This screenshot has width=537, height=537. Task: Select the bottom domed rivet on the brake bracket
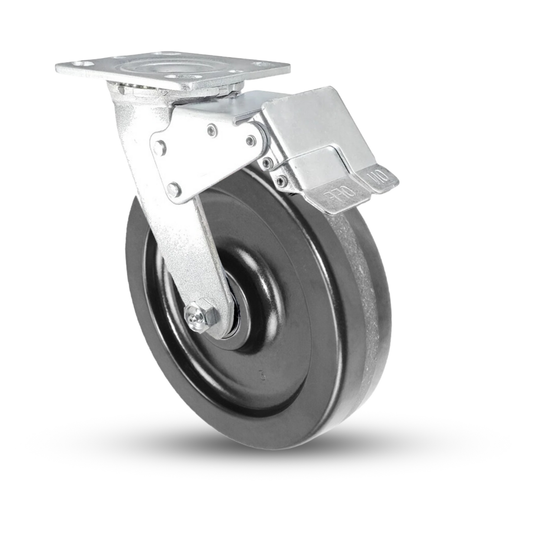(174, 188)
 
